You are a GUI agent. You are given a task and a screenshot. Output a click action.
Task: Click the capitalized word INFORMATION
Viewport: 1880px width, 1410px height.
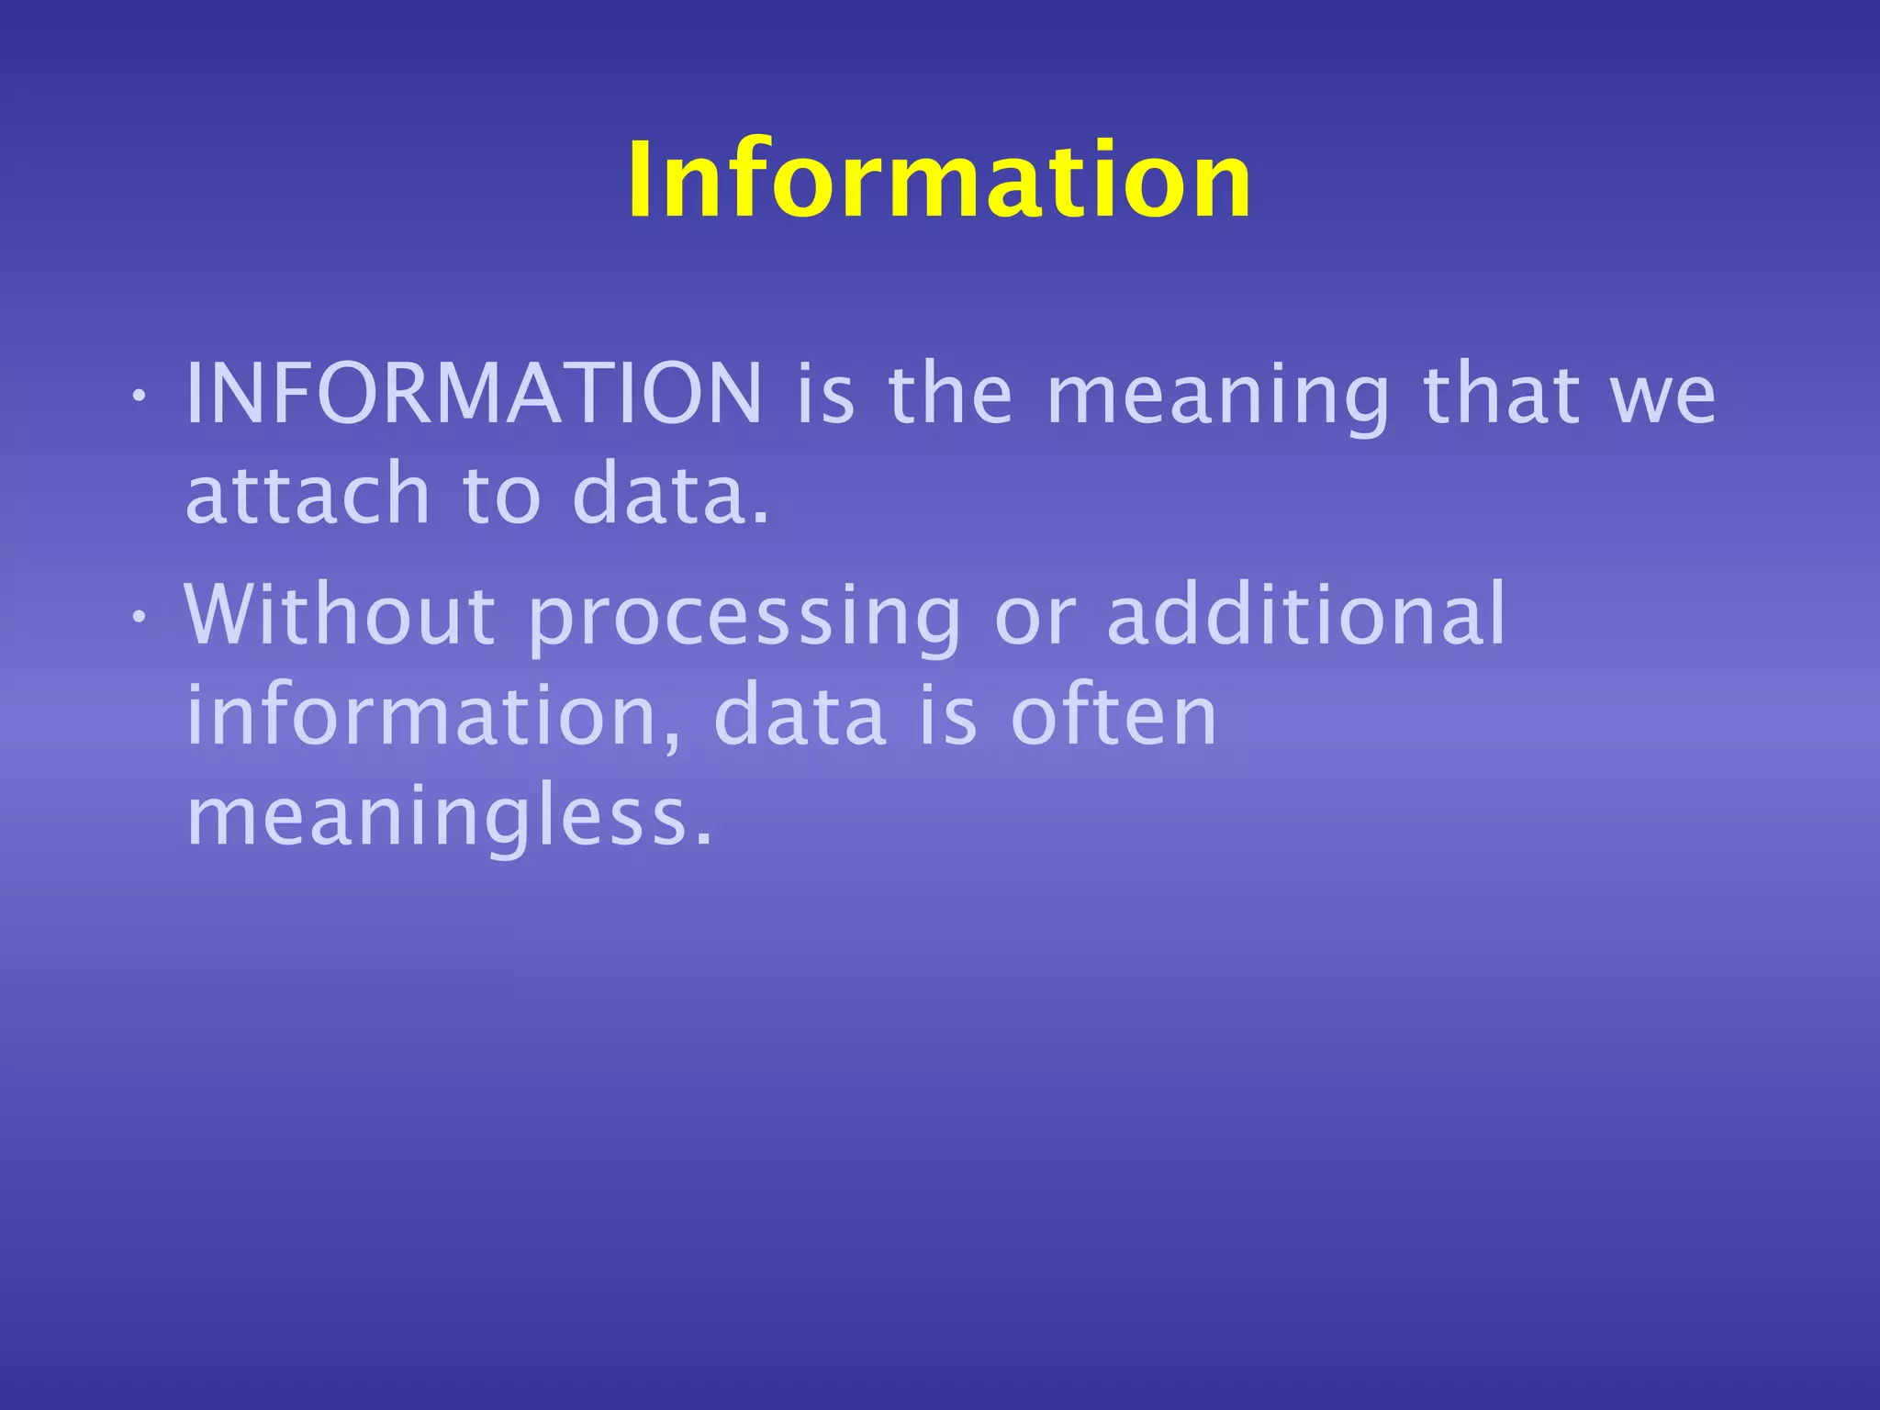[474, 393]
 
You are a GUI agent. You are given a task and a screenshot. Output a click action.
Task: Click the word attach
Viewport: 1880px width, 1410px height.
[308, 494]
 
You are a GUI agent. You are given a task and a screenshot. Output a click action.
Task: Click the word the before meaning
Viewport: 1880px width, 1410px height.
[950, 393]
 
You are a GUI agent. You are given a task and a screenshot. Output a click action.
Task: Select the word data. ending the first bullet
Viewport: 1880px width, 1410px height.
[670, 494]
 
